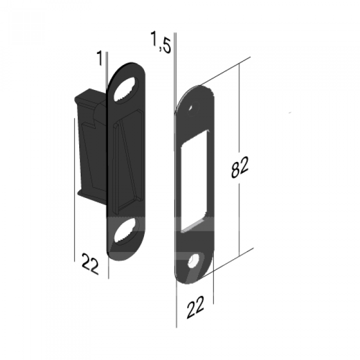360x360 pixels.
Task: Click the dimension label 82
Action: pos(240,167)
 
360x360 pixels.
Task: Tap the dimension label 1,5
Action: pos(160,43)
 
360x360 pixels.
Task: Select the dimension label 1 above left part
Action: pos(100,58)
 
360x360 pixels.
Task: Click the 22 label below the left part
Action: pos(90,263)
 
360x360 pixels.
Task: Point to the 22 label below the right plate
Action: pos(195,307)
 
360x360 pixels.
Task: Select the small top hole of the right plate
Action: pos(192,109)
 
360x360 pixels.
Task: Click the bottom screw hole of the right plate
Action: pos(195,260)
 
